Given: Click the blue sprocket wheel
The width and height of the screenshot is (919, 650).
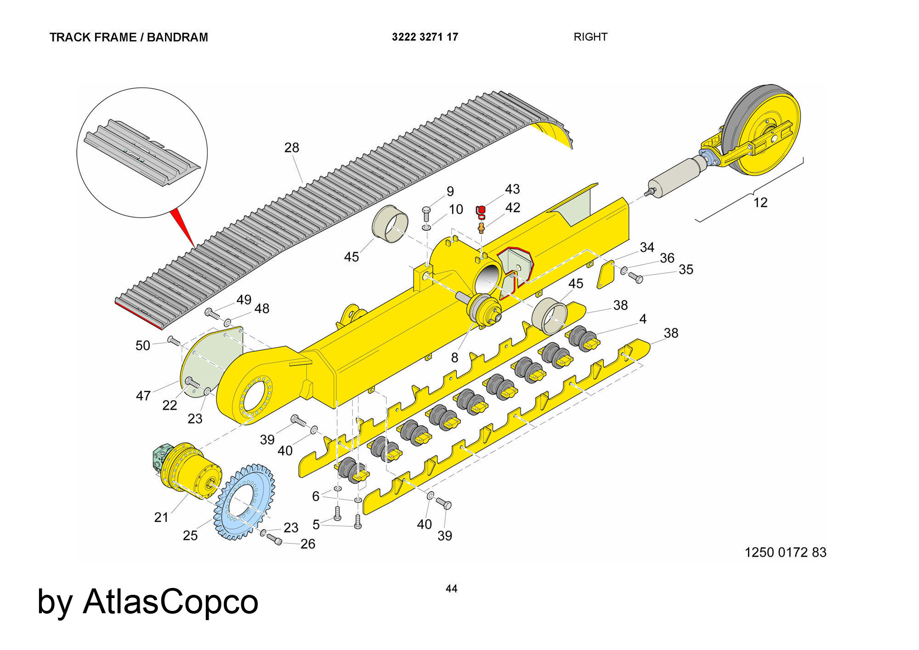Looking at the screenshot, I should tap(244, 502).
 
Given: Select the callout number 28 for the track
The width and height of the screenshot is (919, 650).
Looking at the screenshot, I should tap(292, 148).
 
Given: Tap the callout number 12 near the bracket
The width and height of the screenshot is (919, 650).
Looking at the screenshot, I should tap(760, 202).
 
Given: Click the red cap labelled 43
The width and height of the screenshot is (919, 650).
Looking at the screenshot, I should tap(481, 210).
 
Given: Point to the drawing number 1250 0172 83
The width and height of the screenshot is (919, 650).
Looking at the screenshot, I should tap(785, 552).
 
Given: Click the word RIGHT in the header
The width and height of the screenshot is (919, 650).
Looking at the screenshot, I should tap(590, 37).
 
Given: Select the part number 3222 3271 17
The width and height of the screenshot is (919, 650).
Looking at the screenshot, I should tap(425, 37).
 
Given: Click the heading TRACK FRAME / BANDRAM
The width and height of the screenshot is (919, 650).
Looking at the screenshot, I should tap(129, 37).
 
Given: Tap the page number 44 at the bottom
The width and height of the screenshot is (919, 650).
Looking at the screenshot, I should tap(451, 588).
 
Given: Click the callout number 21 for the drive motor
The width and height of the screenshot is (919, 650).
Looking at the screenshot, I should tap(161, 517).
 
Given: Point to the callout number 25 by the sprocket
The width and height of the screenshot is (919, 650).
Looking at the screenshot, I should tap(190, 536).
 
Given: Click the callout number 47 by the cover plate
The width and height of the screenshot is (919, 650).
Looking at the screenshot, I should tap(143, 395).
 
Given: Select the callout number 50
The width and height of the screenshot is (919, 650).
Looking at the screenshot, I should tap(143, 345).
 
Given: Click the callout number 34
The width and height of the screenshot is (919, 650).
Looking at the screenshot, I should tap(647, 247).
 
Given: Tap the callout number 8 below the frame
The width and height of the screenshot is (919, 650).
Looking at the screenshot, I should tap(454, 357).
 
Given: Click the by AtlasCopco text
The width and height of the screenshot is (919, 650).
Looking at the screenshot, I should tap(147, 602).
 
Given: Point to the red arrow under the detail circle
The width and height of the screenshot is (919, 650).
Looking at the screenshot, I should tap(184, 228).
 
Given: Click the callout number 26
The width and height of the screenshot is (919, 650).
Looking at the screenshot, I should tap(308, 544).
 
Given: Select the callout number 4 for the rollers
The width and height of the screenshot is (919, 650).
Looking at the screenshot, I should tap(643, 319).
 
